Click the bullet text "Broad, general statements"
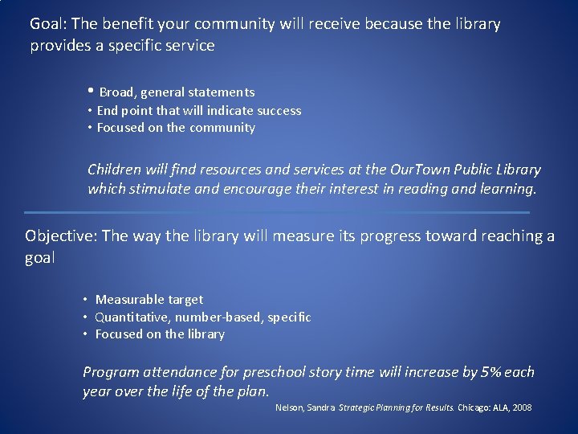point(177,92)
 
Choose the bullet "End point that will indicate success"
point(198,111)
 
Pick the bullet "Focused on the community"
point(176,128)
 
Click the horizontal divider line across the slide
point(277,212)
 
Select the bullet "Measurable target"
point(149,300)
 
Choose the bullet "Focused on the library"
point(160,334)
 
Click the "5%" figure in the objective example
point(490,372)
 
